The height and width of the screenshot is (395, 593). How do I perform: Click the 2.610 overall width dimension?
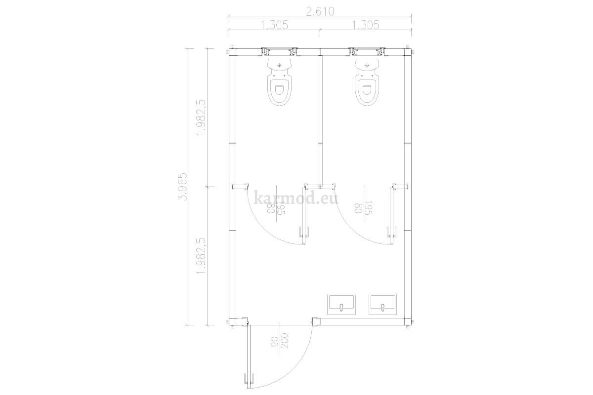click(320, 12)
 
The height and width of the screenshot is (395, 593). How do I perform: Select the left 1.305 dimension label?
click(275, 25)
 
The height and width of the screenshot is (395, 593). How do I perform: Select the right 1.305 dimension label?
click(366, 25)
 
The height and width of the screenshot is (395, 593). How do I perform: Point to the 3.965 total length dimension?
click(183, 187)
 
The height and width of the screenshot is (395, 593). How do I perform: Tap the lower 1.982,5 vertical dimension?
click(201, 256)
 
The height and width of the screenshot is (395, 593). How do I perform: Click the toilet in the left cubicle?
click(279, 82)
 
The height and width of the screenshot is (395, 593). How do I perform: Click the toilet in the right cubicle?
click(367, 82)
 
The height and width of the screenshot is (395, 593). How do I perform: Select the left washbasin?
click(341, 304)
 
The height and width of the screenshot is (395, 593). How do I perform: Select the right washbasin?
click(382, 304)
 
